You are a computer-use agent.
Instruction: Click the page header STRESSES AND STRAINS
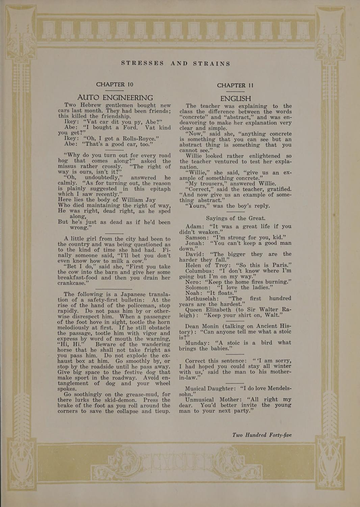coord(176,64)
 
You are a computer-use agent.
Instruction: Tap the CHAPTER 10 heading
coord(114,84)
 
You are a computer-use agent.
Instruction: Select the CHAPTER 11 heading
coord(235,86)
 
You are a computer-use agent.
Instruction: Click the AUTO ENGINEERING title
coord(115,98)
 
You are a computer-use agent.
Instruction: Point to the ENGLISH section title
coord(235,99)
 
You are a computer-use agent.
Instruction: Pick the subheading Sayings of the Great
coord(235,218)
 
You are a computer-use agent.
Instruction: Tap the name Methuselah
coord(202,298)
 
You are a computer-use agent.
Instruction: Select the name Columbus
coord(199,271)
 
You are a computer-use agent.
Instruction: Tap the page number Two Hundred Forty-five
coord(262,435)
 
